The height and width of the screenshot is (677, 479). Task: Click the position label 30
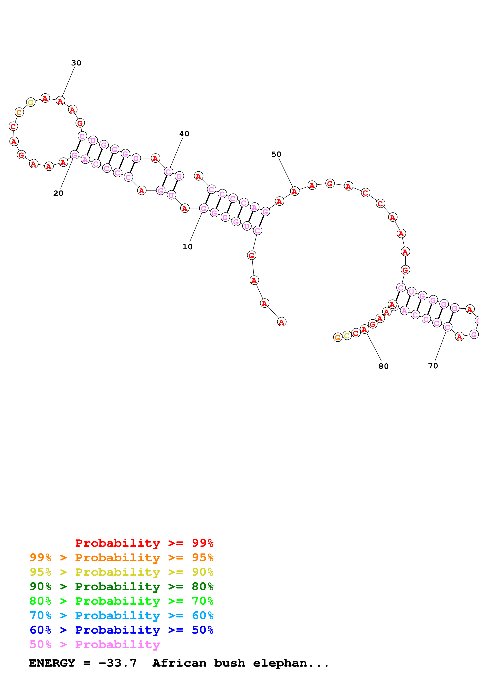coord(76,63)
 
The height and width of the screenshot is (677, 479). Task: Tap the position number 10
coord(187,247)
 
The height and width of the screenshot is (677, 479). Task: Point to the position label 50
coord(276,155)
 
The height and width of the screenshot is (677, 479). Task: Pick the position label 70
coord(433,366)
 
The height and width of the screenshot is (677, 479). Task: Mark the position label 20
coord(58,193)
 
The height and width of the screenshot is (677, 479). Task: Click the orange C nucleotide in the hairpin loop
coord(19,112)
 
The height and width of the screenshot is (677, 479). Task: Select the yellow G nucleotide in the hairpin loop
coord(31,102)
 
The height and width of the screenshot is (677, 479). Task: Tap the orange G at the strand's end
coord(338,337)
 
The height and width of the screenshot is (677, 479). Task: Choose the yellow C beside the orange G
coord(347,336)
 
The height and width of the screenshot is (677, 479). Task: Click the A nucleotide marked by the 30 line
coord(60,101)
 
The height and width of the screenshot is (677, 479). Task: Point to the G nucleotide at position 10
coord(204,208)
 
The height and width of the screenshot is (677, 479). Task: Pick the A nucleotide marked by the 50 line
coord(294,191)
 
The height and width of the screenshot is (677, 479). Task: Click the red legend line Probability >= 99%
coord(144,543)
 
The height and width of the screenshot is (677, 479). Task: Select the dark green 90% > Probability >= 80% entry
coord(121,587)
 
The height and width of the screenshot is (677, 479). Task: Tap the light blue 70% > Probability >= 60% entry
coord(121,616)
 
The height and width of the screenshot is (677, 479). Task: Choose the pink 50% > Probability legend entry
coord(94,645)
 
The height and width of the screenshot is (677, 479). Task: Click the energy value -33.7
coord(117,663)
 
